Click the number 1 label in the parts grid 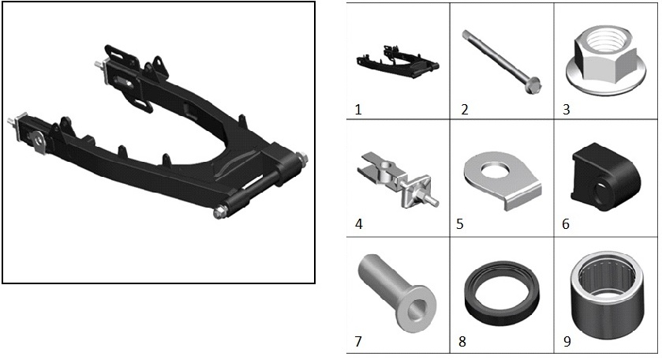[358, 110]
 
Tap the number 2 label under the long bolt [465, 110]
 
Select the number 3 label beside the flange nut [567, 110]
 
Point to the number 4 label [359, 223]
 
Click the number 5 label [460, 223]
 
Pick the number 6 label [566, 223]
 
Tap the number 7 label [358, 341]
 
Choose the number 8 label [462, 341]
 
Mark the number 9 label [567, 341]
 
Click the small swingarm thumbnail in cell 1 [398, 62]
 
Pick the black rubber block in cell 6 [605, 178]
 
